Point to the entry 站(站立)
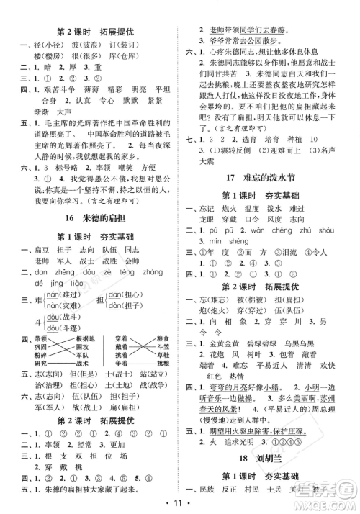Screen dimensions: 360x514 click(x=153, y=375)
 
